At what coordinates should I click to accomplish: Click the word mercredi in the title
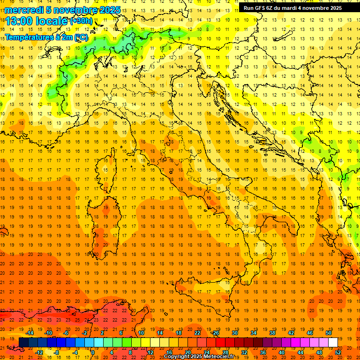(x=24, y=10)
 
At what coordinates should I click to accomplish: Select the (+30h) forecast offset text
(x=81, y=21)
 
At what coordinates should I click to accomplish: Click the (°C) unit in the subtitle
(x=80, y=37)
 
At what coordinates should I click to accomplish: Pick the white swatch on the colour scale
(x=333, y=342)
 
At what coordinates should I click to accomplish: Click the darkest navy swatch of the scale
(x=23, y=342)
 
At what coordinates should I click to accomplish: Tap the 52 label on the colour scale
(x=338, y=352)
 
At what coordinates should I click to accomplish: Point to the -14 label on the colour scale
(x=30, y=333)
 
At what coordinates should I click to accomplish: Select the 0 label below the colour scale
(x=93, y=352)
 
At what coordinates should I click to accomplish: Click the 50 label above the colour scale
(x=329, y=333)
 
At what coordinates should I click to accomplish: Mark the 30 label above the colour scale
(x=234, y=333)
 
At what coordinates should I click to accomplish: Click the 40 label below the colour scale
(x=282, y=352)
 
